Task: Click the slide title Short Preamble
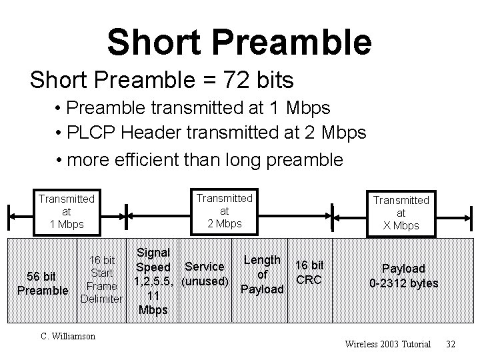pyautogui.click(x=239, y=42)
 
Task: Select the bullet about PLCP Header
pyautogui.click(x=211, y=133)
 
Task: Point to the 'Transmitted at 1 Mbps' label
pyautogui.click(x=67, y=210)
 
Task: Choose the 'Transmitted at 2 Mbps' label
pyautogui.click(x=223, y=210)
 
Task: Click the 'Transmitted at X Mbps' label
pyautogui.click(x=401, y=212)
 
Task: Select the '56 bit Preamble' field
pyautogui.click(x=41, y=283)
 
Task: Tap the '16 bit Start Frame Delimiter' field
pyautogui.click(x=101, y=279)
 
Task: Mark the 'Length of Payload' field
pyautogui.click(x=262, y=274)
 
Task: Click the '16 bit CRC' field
pyautogui.click(x=309, y=272)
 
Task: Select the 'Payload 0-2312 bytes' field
pyautogui.click(x=403, y=276)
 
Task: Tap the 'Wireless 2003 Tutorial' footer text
pyautogui.click(x=387, y=344)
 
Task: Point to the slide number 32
pyautogui.click(x=451, y=344)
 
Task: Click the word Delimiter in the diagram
pyautogui.click(x=101, y=298)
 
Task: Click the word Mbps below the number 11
pyautogui.click(x=152, y=310)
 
